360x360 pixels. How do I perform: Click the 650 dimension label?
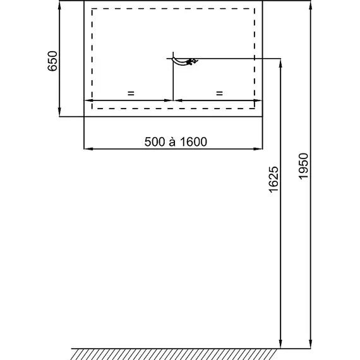(52, 61)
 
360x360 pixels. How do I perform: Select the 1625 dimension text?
(273, 179)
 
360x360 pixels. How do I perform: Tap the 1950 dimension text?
(303, 166)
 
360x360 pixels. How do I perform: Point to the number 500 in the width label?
(155, 142)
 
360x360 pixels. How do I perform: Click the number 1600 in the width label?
(193, 142)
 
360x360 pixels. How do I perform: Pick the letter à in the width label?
(172, 142)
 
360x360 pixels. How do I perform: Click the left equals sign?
(131, 93)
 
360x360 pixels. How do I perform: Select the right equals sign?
(220, 93)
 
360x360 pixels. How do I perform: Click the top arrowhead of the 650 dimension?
(59, 6)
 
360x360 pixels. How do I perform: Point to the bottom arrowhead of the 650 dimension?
(59, 112)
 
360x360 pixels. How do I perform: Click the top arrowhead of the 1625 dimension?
(280, 63)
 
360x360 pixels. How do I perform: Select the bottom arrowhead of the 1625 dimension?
(280, 344)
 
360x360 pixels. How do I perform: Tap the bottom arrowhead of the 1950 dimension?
(310, 344)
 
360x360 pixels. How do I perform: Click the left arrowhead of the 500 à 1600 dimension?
(88, 149)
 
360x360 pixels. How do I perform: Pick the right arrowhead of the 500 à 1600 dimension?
(258, 149)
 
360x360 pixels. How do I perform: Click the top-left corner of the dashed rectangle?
(92, 9)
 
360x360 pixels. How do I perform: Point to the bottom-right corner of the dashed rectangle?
(255, 109)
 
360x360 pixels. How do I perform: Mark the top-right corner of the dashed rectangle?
(255, 9)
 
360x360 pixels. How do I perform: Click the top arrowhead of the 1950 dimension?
(310, 6)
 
